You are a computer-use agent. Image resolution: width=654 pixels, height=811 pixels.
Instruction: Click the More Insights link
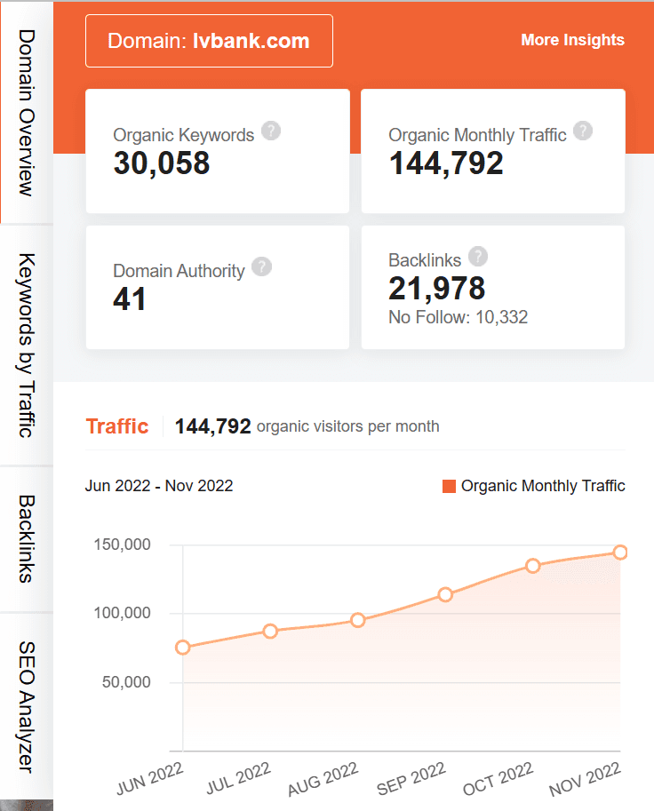coord(572,40)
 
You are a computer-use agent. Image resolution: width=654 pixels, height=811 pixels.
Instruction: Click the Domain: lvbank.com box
coord(209,41)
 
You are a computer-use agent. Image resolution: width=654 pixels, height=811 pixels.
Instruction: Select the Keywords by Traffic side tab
coord(27,345)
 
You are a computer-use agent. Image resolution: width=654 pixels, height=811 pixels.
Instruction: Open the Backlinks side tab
coord(27,538)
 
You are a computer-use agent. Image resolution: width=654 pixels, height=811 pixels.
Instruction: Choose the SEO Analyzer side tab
coord(27,705)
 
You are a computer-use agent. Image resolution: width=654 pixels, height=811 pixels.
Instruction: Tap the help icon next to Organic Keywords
coord(272,131)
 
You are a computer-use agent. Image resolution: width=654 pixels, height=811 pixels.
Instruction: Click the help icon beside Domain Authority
coord(261,266)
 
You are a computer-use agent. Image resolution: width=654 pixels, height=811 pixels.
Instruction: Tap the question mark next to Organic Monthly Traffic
coord(583,131)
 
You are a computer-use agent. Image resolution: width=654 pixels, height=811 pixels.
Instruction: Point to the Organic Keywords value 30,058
coord(162,163)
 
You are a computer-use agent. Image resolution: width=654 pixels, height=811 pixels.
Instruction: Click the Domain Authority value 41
coord(130,299)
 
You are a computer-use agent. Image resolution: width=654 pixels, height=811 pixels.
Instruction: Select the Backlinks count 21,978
coord(437,288)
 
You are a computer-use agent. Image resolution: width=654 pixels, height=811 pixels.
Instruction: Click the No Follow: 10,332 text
coord(459,317)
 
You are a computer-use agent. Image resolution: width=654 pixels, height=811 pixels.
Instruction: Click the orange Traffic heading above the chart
coord(117,426)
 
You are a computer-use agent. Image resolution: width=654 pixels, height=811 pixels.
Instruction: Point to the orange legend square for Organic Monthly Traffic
coord(449,486)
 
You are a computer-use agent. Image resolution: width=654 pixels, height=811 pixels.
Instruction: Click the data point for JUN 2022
coord(183,648)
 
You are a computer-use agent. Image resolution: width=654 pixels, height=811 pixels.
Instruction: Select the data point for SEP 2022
coord(445,594)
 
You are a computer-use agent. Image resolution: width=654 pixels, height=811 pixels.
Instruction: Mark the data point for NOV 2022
coord(620,553)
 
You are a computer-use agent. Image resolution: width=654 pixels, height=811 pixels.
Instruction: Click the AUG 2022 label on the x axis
coord(323,779)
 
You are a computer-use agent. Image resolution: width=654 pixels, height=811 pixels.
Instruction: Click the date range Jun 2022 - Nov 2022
coord(159,486)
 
